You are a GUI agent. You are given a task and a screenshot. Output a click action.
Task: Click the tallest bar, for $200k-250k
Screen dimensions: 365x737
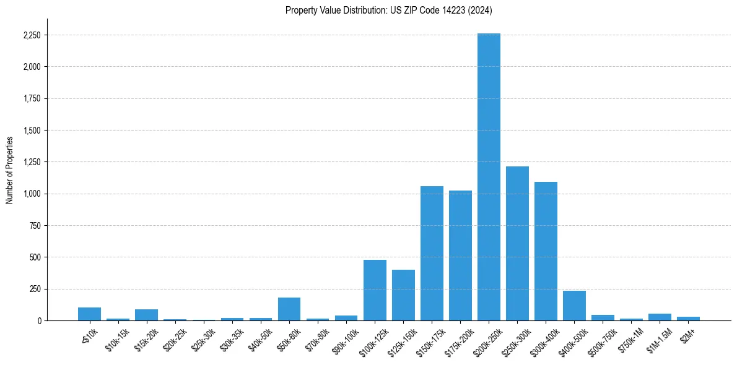point(489,177)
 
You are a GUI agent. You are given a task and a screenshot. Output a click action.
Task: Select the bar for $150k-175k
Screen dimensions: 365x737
point(432,253)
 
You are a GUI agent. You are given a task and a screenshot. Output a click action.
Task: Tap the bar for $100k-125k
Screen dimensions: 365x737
point(375,290)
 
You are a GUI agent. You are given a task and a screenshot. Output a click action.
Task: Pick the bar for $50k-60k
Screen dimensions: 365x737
point(289,309)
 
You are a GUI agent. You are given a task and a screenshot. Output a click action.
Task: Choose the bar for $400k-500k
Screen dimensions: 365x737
point(574,306)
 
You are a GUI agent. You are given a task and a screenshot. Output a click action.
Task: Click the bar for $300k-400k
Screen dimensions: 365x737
point(546,251)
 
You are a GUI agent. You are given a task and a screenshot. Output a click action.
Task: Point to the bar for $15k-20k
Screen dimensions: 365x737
point(147,315)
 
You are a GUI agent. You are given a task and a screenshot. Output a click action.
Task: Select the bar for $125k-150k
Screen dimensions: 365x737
point(403,295)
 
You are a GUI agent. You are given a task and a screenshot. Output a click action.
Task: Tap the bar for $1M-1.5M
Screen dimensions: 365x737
point(660,317)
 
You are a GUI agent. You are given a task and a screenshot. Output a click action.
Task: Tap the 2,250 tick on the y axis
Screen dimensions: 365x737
point(32,35)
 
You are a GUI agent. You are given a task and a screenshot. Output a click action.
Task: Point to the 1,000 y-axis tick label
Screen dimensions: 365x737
point(32,194)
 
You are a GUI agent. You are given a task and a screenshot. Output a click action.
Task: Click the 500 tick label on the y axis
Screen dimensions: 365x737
point(35,257)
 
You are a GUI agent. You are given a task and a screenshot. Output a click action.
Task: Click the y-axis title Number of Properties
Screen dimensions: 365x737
point(9,170)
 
